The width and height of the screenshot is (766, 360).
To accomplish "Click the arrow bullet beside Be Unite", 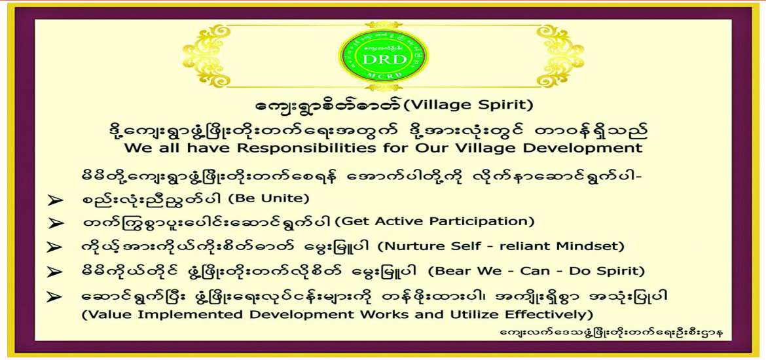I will click(54, 200).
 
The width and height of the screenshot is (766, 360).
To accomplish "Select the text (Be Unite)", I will click(276, 198).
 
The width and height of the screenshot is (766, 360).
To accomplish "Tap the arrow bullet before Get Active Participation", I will click(54, 224).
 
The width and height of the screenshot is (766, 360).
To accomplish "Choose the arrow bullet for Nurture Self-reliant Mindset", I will click(54, 248).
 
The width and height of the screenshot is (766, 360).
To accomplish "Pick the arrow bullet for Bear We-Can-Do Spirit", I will click(54, 272).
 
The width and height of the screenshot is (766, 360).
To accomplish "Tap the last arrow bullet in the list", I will click(54, 297).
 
